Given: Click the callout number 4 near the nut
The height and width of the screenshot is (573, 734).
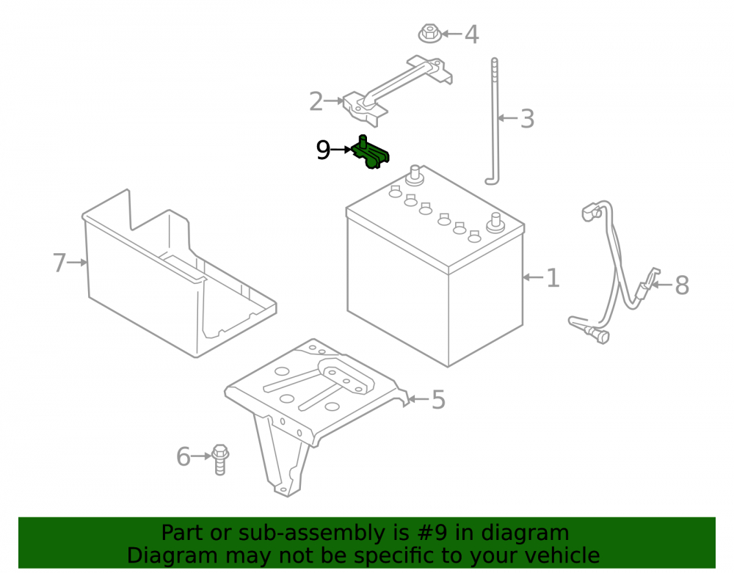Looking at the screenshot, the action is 471,34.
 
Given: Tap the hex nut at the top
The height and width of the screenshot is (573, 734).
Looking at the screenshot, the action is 429,33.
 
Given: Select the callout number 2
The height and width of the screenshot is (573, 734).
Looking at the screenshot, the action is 316,101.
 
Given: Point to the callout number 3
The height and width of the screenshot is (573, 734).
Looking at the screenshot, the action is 527,119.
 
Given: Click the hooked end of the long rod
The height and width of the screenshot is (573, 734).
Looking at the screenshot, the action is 493,180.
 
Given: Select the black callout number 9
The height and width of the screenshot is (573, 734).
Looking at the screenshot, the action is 323,150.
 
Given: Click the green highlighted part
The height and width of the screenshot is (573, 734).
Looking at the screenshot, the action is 370,152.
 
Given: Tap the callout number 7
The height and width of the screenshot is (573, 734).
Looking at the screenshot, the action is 59,263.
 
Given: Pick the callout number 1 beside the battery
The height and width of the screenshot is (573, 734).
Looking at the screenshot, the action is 553,278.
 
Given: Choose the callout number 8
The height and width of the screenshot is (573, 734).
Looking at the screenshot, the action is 682,285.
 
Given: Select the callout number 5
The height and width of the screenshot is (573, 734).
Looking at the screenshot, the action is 438,400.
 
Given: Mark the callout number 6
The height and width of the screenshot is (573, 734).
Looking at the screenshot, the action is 183,456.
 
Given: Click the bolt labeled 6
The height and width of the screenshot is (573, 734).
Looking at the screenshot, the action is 219,460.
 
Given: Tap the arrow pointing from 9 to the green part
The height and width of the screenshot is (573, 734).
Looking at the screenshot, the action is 341,150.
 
